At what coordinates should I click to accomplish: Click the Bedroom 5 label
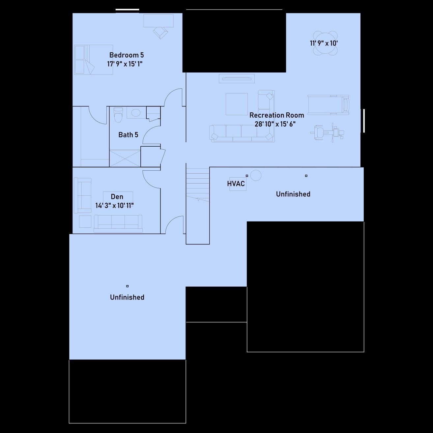click(x=127, y=55)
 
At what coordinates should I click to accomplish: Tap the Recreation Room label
click(x=276, y=115)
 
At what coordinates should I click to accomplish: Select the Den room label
click(x=117, y=197)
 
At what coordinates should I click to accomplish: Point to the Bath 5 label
click(x=128, y=135)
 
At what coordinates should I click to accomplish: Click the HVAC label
click(x=236, y=184)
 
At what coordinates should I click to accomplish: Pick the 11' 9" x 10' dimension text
click(x=324, y=43)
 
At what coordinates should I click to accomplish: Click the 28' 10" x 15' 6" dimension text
click(x=275, y=124)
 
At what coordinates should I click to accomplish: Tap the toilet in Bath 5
click(x=118, y=115)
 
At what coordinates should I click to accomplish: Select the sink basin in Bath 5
click(x=135, y=113)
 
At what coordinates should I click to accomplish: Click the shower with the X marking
click(x=125, y=159)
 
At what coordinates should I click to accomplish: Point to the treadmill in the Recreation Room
click(x=328, y=105)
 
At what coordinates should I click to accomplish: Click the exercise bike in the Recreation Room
click(x=327, y=132)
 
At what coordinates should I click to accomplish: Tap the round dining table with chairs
click(x=325, y=43)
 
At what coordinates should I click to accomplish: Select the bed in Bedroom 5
click(x=94, y=60)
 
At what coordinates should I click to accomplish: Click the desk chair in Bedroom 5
click(x=160, y=33)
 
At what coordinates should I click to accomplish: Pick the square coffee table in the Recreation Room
click(x=237, y=104)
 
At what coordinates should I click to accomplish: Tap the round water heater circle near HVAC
click(x=256, y=175)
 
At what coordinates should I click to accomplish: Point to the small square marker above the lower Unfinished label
click(x=128, y=286)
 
